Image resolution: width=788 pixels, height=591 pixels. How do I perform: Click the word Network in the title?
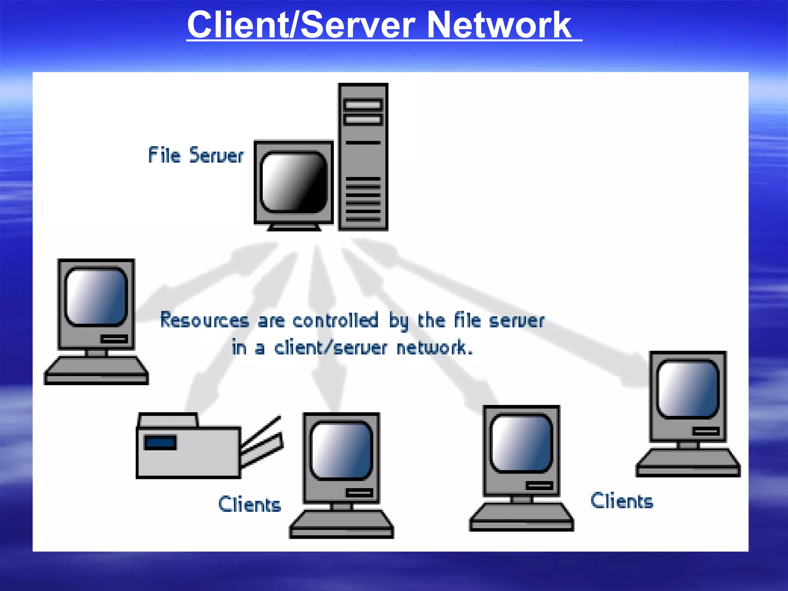click(x=499, y=25)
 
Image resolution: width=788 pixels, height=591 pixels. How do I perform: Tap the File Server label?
click(x=196, y=155)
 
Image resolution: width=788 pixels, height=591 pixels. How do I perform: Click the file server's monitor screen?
click(x=294, y=182)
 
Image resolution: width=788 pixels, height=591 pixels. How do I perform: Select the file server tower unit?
click(x=363, y=157)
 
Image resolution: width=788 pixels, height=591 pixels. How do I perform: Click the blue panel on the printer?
click(x=160, y=442)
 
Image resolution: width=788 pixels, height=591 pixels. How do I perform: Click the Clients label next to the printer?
click(x=250, y=504)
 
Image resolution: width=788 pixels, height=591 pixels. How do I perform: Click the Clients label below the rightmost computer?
click(x=622, y=501)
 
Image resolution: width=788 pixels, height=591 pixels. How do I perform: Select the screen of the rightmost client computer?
click(x=688, y=389)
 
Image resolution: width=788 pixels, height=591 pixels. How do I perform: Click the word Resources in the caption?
click(x=205, y=321)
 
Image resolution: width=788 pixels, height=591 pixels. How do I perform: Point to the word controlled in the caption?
click(x=335, y=321)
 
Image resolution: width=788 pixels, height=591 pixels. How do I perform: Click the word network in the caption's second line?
click(x=434, y=348)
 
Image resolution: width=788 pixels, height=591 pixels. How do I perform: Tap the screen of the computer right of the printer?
click(x=341, y=451)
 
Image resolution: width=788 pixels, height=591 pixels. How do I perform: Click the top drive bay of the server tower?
click(x=363, y=105)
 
